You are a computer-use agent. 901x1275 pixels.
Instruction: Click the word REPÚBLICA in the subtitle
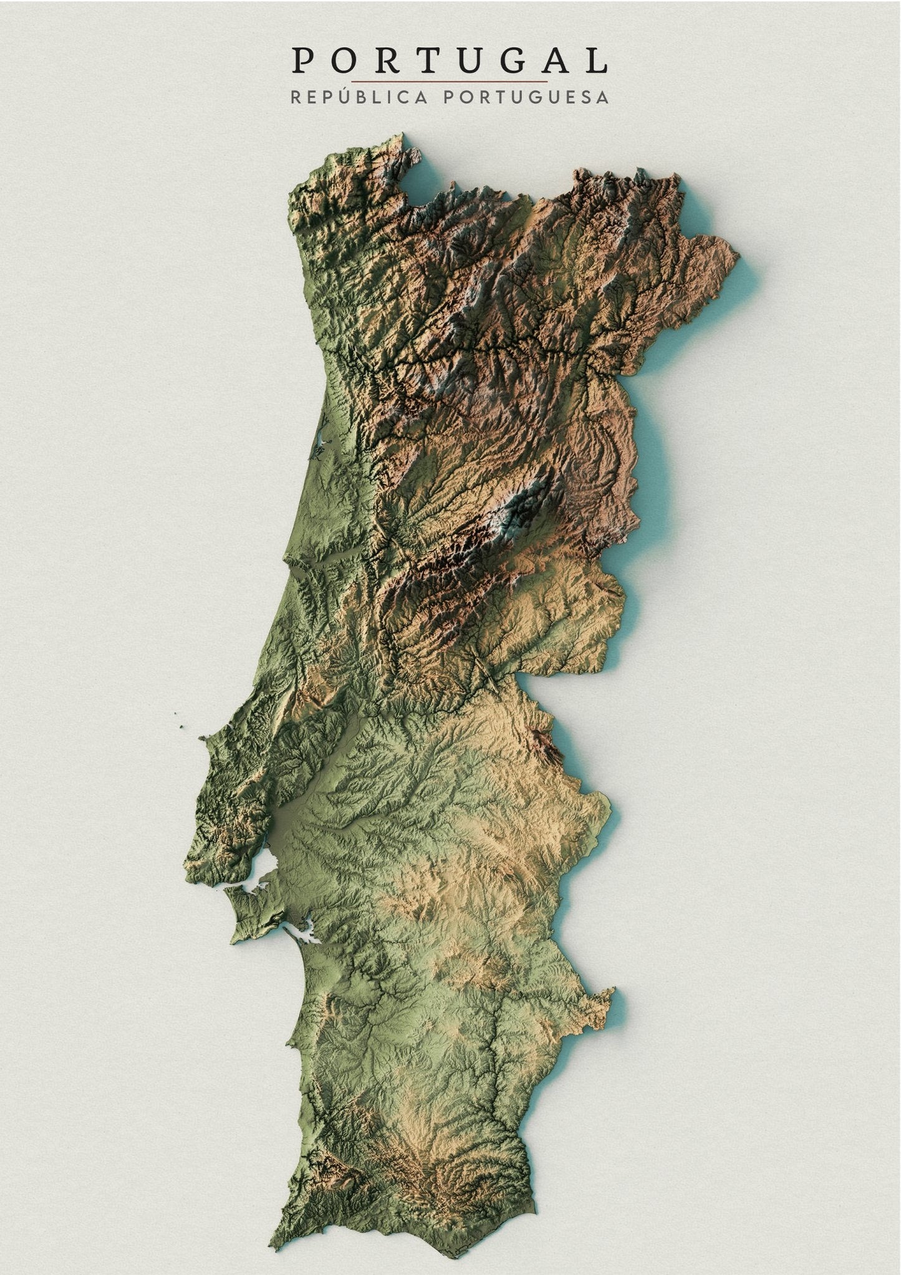359,97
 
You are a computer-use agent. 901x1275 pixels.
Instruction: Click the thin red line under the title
449,82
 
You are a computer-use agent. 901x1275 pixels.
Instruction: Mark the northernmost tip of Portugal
403,133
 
